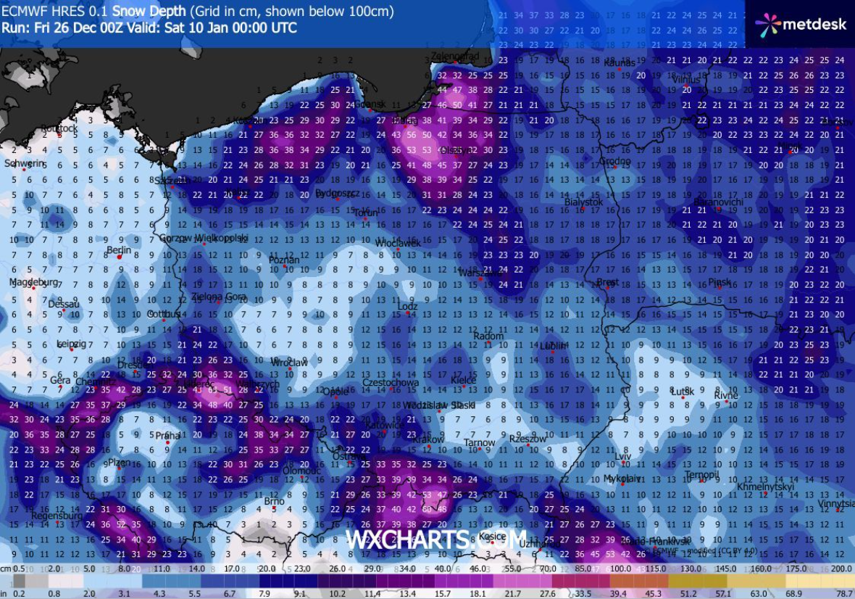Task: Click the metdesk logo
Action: (x=801, y=24)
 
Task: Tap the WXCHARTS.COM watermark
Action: (x=435, y=540)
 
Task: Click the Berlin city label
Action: (x=118, y=250)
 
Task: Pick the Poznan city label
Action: (x=284, y=260)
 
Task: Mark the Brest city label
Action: (x=607, y=282)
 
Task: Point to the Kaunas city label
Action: (x=620, y=63)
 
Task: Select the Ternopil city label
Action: (x=701, y=476)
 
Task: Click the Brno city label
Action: (x=274, y=501)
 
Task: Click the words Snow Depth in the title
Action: (x=151, y=12)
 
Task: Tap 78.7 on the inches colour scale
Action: (x=843, y=593)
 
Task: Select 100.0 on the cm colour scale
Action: (x=620, y=569)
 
